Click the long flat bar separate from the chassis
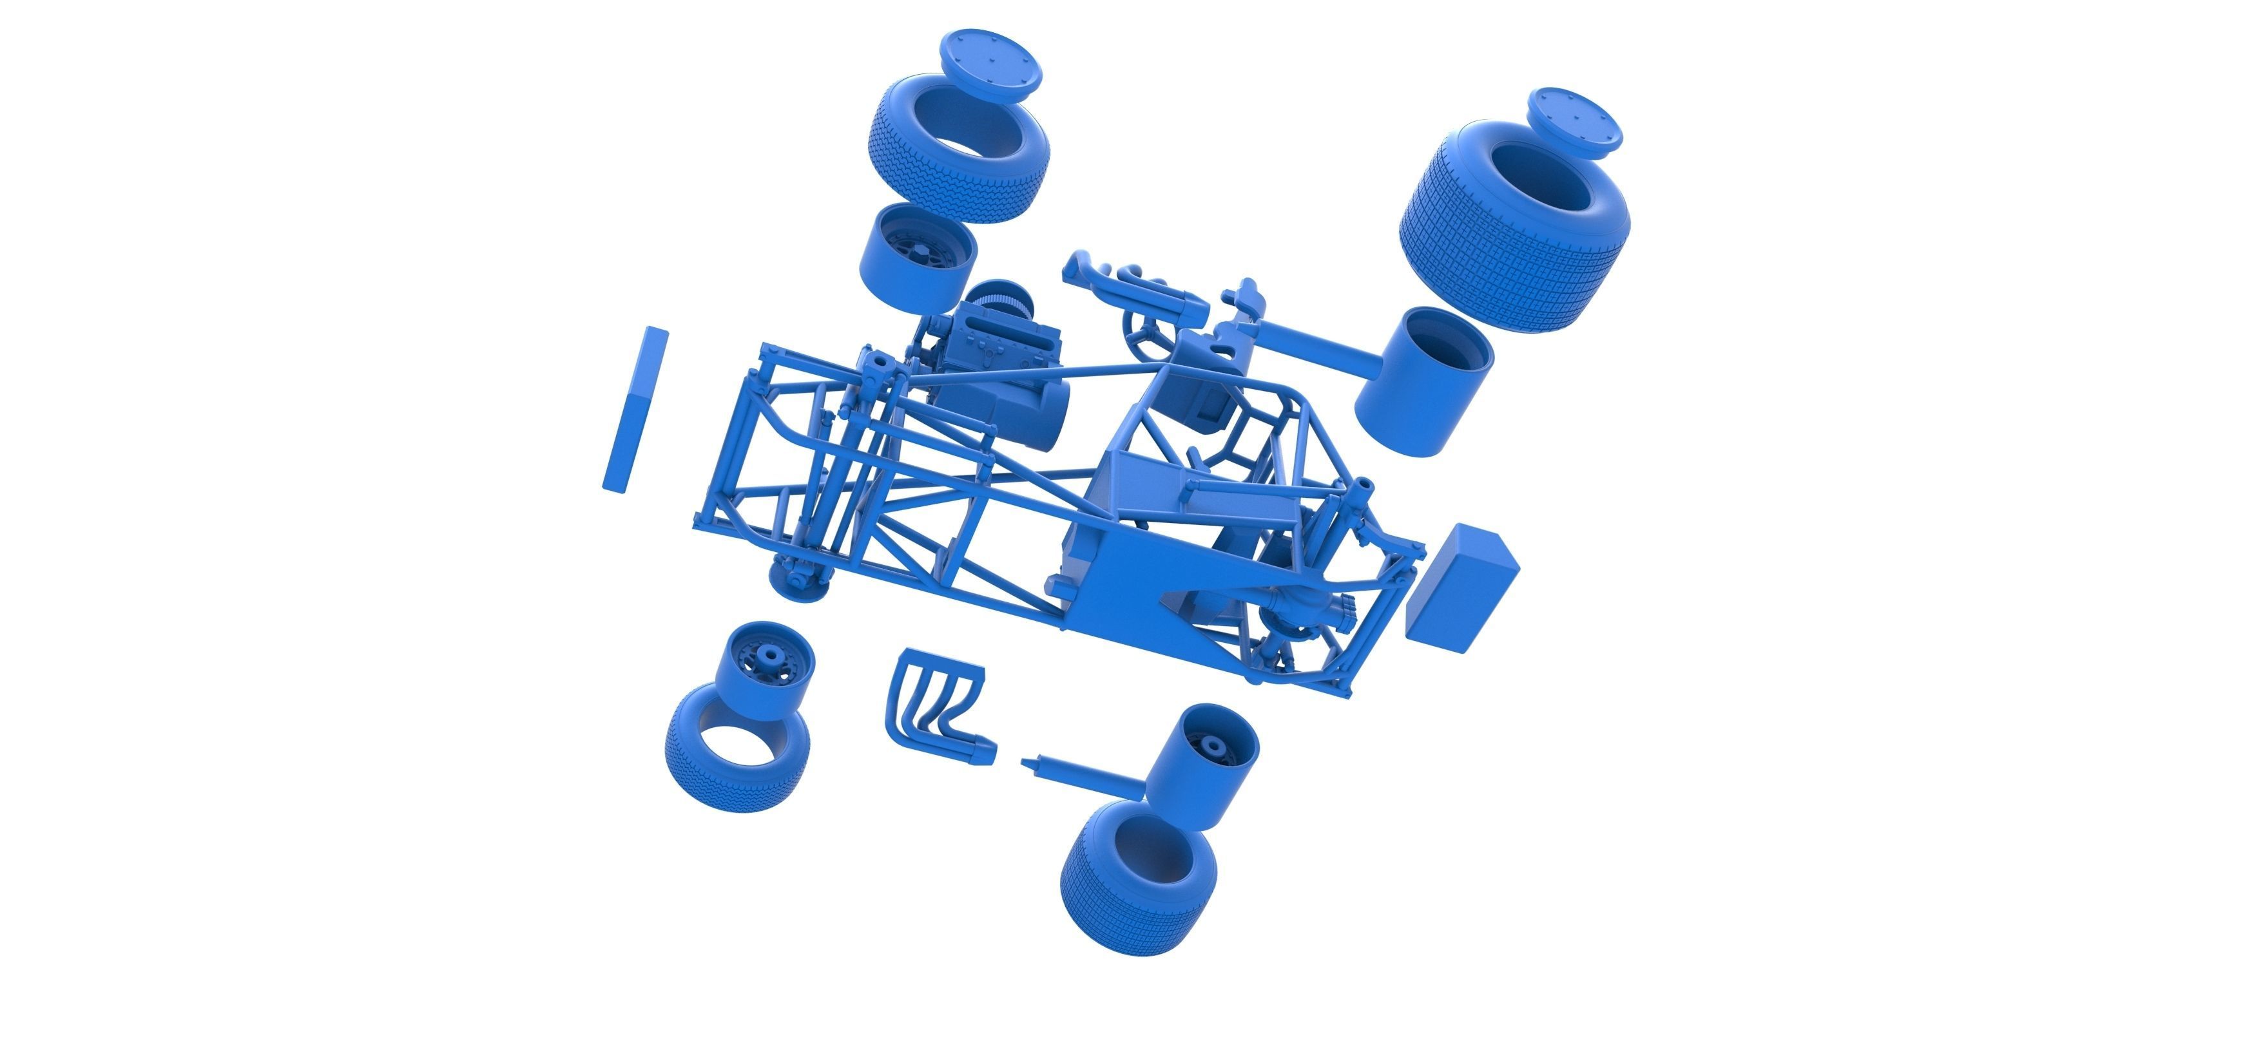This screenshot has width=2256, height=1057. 635,409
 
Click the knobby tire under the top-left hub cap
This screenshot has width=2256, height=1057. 958,162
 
